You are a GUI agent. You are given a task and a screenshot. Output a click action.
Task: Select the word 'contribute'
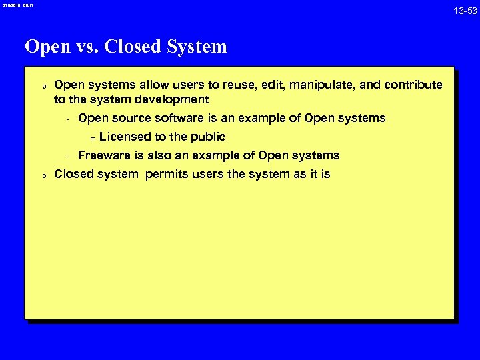[415, 85]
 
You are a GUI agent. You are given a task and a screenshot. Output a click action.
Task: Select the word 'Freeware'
[103, 155]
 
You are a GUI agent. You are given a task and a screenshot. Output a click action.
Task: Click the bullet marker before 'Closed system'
[42, 175]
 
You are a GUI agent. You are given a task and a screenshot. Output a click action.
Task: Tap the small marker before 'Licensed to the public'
[93, 137]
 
